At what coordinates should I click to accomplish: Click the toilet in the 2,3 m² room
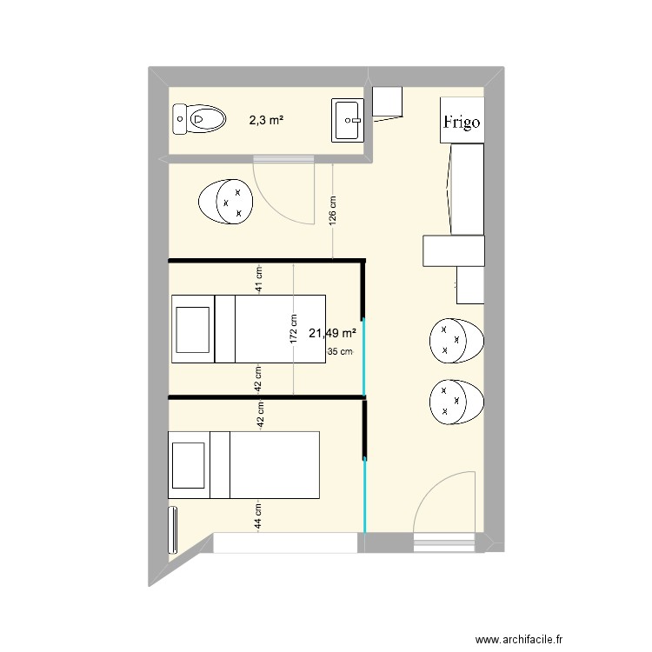(198, 118)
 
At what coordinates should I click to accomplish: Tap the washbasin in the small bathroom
(349, 120)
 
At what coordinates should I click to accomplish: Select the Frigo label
(461, 123)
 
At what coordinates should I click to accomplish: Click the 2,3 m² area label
(266, 121)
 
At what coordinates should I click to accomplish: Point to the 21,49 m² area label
(332, 333)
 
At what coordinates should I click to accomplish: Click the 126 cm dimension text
(333, 211)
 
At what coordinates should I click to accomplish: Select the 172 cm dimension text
(294, 329)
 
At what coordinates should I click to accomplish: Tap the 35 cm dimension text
(340, 352)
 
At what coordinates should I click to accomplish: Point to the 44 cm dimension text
(258, 516)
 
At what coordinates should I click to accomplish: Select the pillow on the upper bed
(193, 329)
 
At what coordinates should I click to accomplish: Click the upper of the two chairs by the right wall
(456, 341)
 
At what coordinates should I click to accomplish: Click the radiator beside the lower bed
(172, 529)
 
